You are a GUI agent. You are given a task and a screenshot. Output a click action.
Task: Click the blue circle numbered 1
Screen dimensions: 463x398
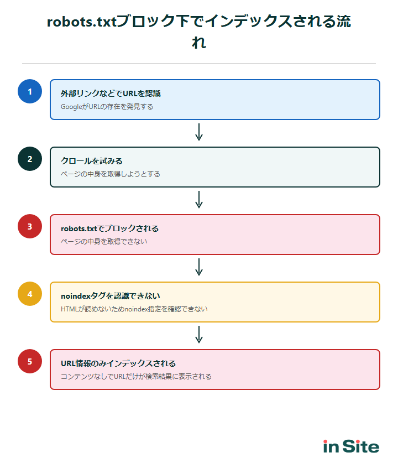point(30,91)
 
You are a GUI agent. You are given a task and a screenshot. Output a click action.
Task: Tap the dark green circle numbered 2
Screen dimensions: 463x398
point(30,159)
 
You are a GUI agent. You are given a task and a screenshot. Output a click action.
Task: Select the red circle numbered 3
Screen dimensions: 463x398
point(30,226)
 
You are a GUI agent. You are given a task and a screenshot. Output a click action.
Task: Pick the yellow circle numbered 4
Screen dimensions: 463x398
point(30,294)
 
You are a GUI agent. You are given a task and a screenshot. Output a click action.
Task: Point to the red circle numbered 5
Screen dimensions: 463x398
point(30,361)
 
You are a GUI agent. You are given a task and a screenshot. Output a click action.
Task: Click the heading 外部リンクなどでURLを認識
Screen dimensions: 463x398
point(111,93)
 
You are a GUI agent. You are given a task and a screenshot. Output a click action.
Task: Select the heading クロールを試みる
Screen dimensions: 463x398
point(91,161)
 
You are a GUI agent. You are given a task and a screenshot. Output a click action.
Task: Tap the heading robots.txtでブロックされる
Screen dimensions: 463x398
point(109,228)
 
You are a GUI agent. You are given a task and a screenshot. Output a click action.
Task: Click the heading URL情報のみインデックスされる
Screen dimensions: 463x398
point(118,363)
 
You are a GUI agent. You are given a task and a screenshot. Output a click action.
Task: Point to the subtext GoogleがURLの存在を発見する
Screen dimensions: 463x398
point(107,106)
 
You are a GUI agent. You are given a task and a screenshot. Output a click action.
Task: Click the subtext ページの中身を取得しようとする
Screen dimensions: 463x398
point(110,174)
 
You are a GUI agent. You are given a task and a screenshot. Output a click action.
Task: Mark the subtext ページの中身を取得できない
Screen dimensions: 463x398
point(103,241)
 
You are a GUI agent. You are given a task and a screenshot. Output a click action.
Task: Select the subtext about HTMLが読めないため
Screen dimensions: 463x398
point(134,309)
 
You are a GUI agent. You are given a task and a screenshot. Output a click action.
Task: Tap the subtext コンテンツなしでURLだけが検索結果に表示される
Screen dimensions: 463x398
point(136,376)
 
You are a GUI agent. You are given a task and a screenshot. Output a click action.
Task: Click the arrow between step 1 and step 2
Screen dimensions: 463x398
point(199,132)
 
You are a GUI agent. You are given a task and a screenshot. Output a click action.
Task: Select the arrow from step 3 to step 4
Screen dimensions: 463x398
point(199,267)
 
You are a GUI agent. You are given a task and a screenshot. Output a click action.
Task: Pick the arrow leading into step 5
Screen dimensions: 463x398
point(199,334)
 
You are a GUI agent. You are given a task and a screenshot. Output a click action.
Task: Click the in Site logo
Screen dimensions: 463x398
point(351,446)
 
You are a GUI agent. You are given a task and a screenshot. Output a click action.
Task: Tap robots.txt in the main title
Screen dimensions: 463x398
point(82,22)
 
